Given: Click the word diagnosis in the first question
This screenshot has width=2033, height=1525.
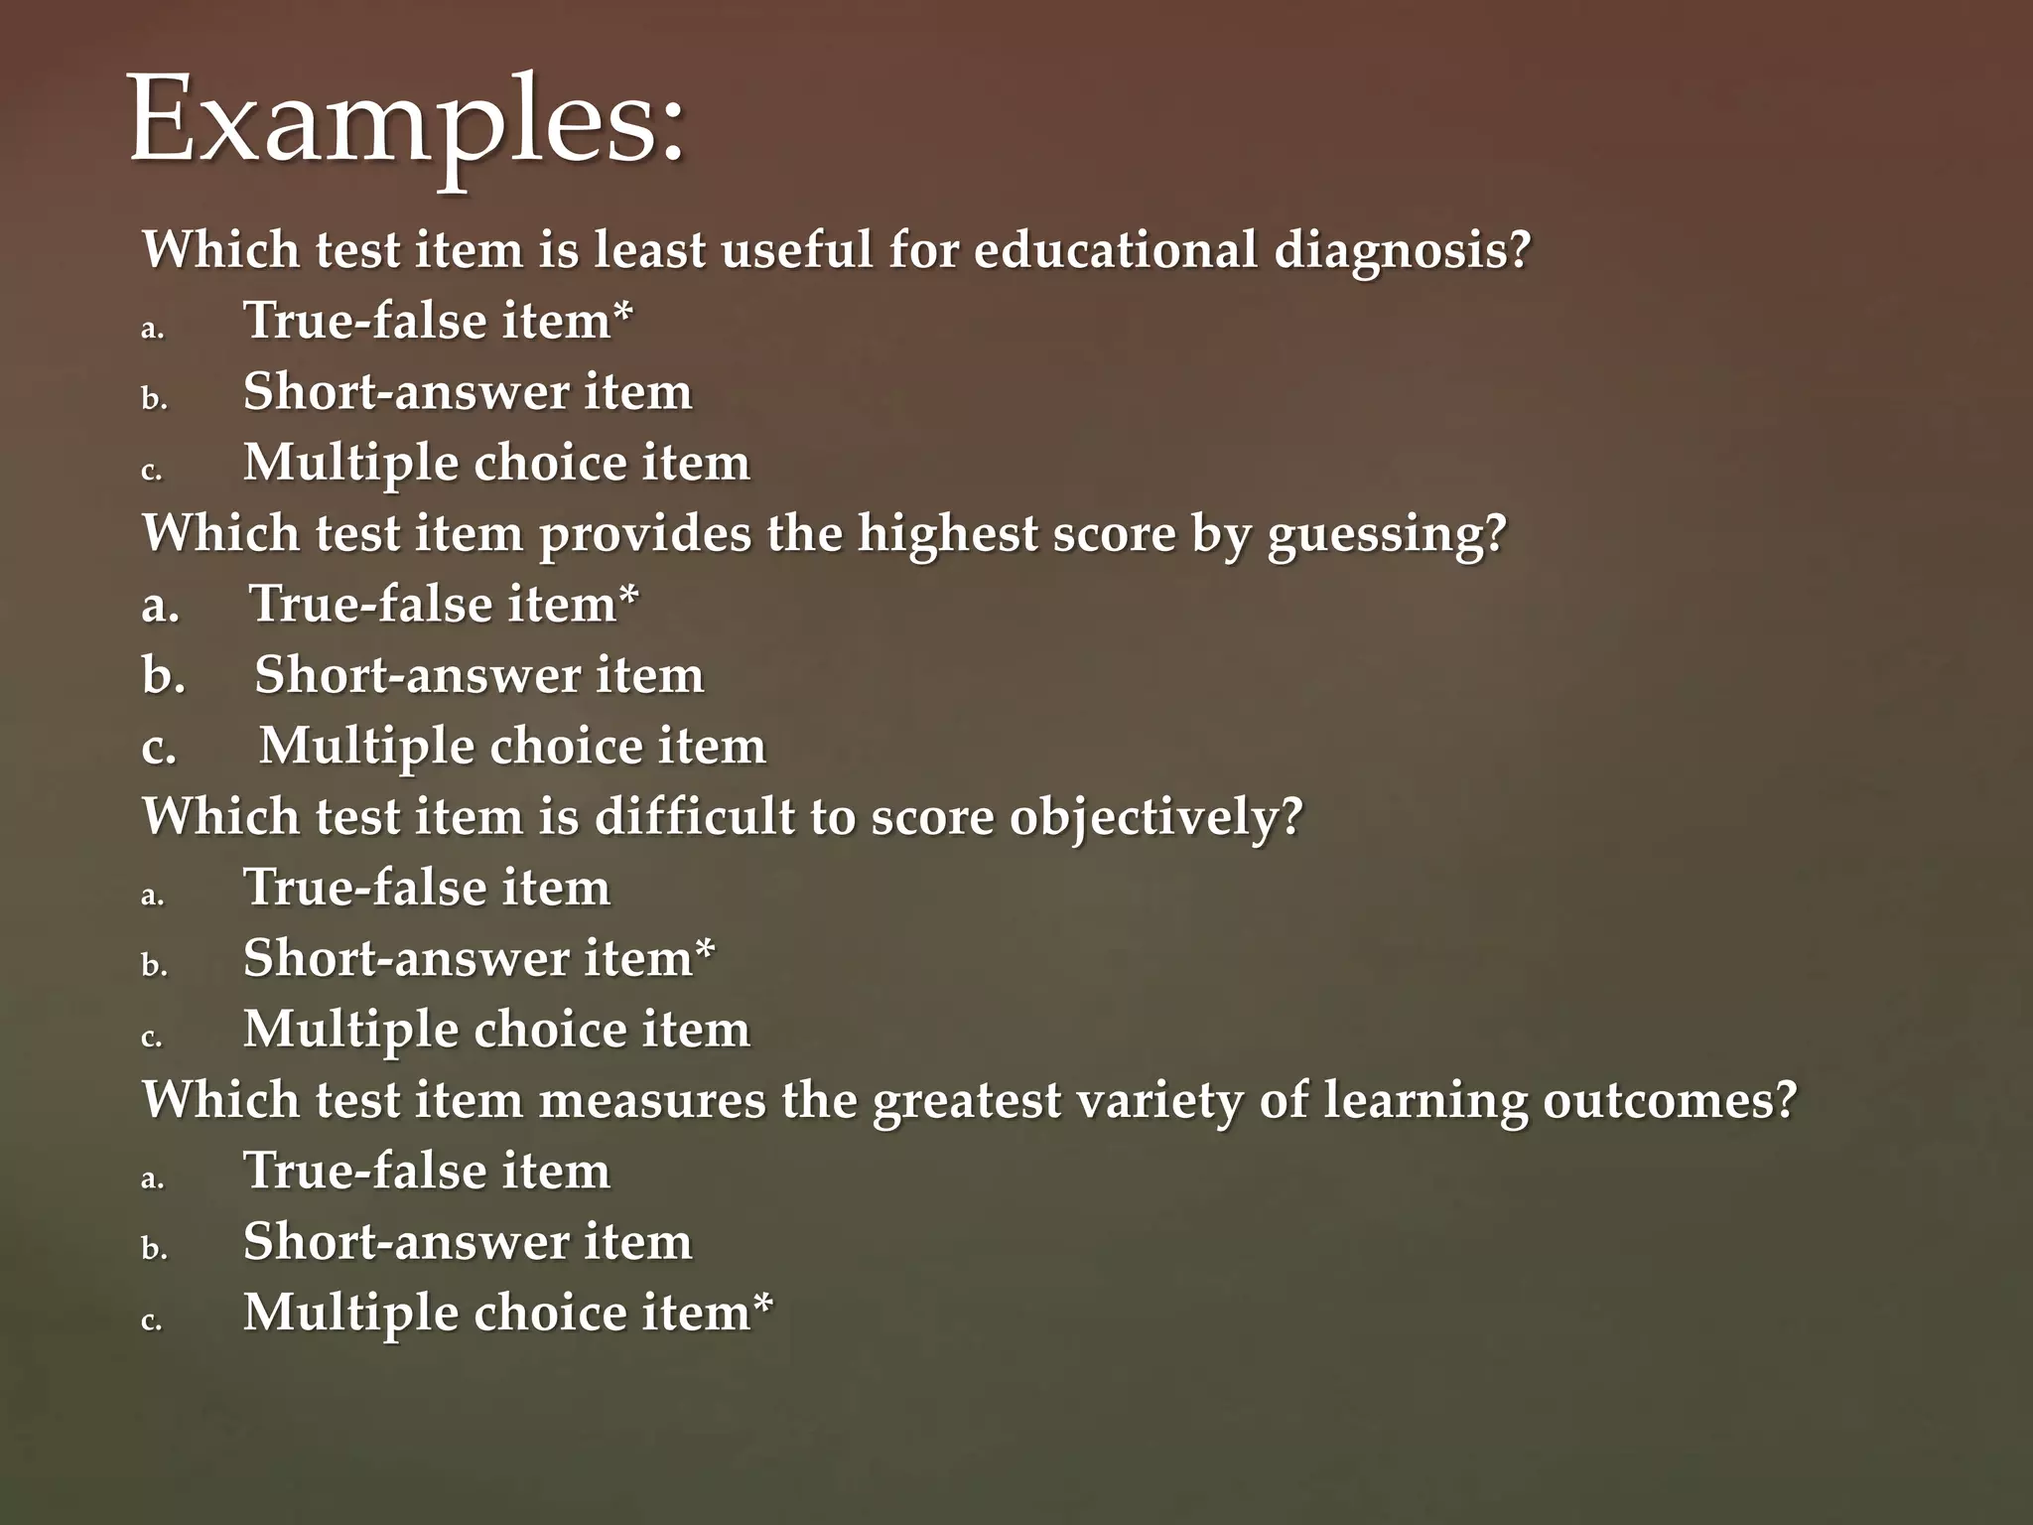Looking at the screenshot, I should (x=1401, y=250).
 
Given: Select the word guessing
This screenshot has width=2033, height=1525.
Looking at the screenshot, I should (x=1386, y=534).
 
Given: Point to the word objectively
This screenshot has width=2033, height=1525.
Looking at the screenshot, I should (x=1154, y=818).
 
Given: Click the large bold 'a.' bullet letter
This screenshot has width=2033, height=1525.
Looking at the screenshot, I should (x=161, y=605).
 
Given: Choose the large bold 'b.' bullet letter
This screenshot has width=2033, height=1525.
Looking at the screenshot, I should (x=164, y=675).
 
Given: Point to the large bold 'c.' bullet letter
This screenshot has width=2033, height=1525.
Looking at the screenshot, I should (x=159, y=747).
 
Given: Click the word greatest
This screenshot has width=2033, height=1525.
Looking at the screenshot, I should (x=966, y=1100).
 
